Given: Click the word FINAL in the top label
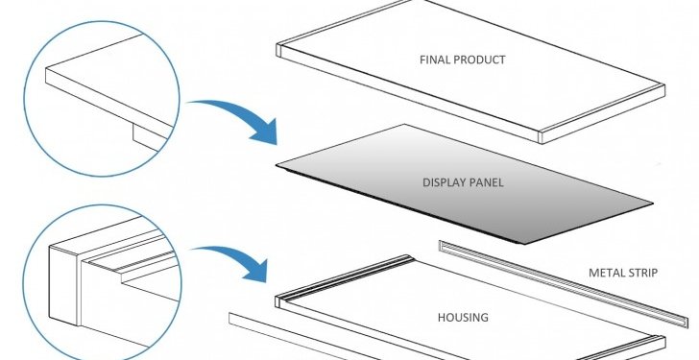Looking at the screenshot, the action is pos(432,60).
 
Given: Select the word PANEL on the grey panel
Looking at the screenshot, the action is pos(487,182).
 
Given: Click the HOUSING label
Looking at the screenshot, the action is pos(463,318).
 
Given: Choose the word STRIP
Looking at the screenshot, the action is pos(643,273).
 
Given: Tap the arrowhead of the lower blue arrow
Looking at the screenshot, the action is pos(257,271).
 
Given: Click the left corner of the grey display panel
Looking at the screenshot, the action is pos(277,165).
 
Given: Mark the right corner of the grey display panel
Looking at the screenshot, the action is pos(653,204).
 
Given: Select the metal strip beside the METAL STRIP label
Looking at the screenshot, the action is pos(563,283).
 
